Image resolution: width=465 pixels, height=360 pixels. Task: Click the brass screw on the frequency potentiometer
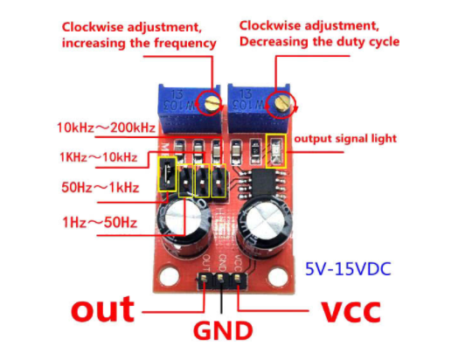point(212,103)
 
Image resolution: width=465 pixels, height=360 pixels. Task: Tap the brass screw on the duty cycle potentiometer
point(281,102)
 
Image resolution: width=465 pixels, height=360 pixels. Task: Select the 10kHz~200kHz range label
point(106,128)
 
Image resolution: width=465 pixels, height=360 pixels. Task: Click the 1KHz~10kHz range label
point(99,157)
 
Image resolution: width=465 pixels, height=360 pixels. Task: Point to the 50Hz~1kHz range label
point(101,187)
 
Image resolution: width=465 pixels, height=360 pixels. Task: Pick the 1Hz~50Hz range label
point(100,222)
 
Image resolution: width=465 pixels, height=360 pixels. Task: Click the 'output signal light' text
point(345,138)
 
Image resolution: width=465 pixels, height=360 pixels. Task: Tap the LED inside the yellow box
point(276,151)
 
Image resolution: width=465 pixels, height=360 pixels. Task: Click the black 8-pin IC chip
point(264,183)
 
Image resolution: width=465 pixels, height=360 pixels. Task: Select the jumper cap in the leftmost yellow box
point(167,174)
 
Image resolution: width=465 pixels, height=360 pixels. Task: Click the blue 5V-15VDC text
point(348,269)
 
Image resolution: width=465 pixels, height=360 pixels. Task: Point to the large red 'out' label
point(102,309)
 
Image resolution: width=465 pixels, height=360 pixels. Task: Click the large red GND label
point(223,330)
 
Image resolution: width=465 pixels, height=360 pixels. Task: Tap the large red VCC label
point(351,312)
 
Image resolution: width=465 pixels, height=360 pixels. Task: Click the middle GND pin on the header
point(220,278)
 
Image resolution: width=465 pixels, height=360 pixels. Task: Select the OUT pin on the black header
point(204,278)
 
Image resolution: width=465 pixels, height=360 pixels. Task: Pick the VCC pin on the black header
point(237,278)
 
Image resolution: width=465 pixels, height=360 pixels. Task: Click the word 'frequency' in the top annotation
point(185,44)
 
